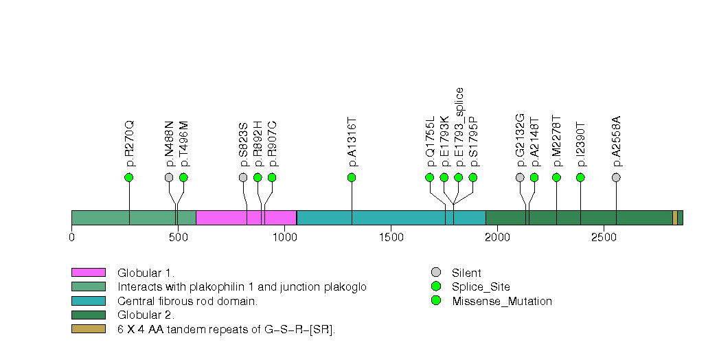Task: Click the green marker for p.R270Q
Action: pos(128,177)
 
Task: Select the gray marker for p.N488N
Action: pos(169,177)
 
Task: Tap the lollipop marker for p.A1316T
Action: pos(352,177)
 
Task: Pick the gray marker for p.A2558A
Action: pos(616,177)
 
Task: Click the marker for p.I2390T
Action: pos(580,177)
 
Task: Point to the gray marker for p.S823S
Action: pos(243,177)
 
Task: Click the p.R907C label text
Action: pos(272,144)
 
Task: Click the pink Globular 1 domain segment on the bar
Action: pos(246,218)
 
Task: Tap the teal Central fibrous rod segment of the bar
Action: pos(391,218)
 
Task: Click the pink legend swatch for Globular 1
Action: pos(88,273)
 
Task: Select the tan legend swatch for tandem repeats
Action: pos(88,329)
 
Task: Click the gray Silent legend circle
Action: pos(435,273)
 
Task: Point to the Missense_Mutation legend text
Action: pos(502,301)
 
